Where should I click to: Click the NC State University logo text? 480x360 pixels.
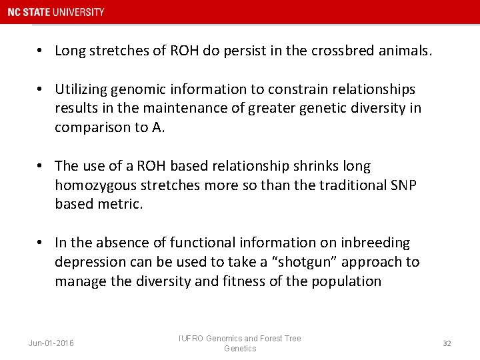click(56, 12)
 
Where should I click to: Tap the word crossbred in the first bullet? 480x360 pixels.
click(342, 51)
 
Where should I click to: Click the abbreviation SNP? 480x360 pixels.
click(403, 185)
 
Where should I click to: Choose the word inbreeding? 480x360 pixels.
click(378, 243)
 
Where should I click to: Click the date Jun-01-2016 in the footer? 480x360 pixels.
click(51, 343)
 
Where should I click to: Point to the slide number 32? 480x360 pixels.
click(447, 343)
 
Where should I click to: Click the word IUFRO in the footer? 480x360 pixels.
click(191, 339)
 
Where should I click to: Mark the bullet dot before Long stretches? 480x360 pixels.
click(41, 51)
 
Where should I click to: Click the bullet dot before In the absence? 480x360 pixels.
click(41, 243)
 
